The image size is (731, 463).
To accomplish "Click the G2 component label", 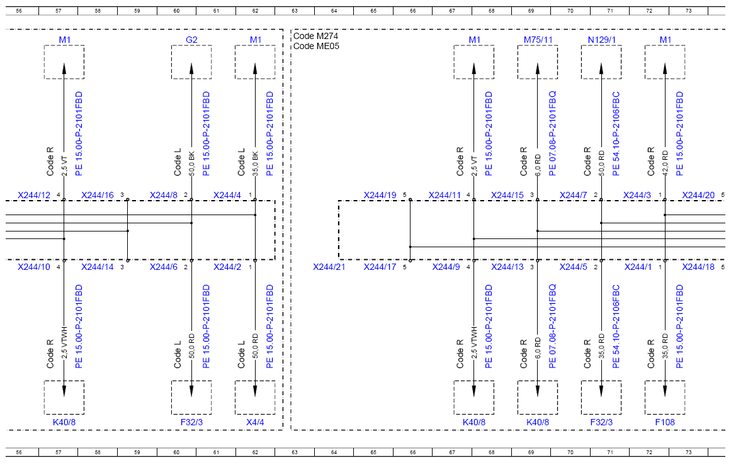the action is (191, 40).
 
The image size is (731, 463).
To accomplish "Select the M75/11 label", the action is (538, 40).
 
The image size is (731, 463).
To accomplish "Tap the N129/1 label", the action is (601, 40).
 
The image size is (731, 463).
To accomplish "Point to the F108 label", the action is (665, 423).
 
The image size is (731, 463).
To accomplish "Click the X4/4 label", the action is (255, 423).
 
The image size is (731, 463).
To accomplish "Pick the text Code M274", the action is (315, 36).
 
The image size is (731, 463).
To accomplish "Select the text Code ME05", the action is (316, 46).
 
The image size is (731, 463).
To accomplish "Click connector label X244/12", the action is (34, 195).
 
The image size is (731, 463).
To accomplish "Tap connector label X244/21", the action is (329, 267).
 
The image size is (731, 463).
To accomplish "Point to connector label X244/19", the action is (380, 195).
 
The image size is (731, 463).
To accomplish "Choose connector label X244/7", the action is (574, 195).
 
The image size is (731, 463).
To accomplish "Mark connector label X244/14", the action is (98, 267).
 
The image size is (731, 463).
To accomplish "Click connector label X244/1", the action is (638, 267).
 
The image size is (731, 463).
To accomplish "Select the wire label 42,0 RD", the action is (666, 163).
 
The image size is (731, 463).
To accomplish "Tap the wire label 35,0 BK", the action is (256, 163).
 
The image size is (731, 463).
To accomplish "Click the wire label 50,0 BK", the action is (191, 163).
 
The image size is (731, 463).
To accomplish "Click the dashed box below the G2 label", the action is (171, 62).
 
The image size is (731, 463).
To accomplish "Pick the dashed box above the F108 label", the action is (645, 398).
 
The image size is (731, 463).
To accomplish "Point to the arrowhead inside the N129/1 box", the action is (601, 69).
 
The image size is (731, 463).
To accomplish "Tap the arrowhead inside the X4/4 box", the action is (255, 391).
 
